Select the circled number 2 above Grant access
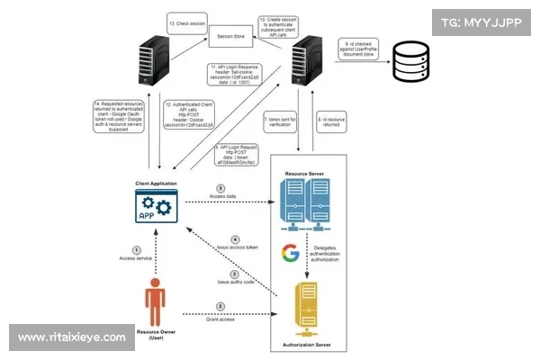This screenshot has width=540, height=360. (x=232, y=306)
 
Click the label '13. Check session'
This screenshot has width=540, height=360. (x=184, y=21)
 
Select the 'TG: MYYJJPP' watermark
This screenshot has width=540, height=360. (x=481, y=21)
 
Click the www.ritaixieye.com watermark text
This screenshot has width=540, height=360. (x=71, y=337)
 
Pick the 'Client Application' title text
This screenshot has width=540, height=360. (x=156, y=183)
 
